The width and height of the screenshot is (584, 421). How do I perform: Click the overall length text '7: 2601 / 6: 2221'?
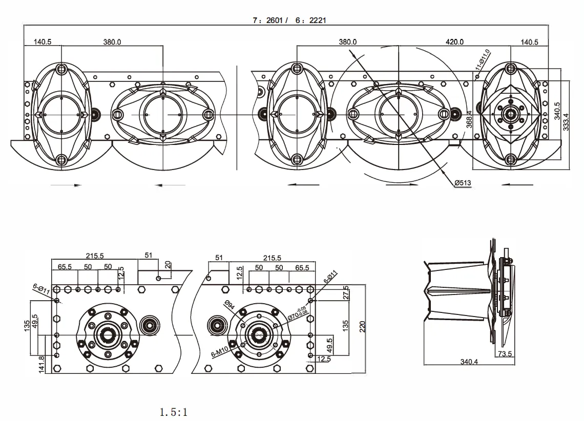click(289, 20)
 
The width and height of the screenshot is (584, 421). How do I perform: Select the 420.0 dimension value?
click(454, 42)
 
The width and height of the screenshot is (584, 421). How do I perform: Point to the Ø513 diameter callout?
click(463, 183)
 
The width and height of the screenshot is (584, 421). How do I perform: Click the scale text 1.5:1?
click(173, 411)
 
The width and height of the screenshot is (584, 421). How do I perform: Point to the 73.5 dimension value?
click(505, 353)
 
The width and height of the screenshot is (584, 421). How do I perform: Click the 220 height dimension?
click(362, 326)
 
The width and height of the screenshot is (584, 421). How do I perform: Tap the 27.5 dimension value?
click(346, 292)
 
